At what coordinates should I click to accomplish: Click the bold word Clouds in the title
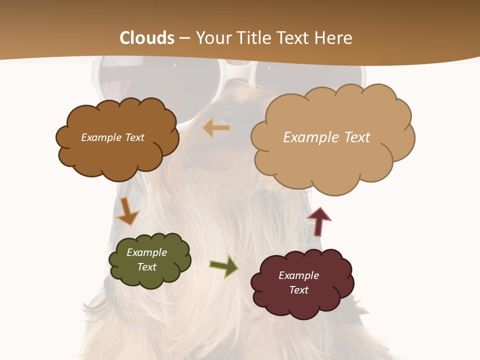click(x=147, y=38)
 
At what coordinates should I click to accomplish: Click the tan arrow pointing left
click(x=216, y=128)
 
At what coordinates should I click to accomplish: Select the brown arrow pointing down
click(x=127, y=211)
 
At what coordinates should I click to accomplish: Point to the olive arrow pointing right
click(x=224, y=265)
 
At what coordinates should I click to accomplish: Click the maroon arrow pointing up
click(x=319, y=221)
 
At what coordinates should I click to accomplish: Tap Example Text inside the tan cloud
click(x=326, y=137)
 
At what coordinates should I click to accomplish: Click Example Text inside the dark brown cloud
click(x=112, y=137)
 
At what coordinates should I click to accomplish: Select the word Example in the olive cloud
click(x=146, y=252)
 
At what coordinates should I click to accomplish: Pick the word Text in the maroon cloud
click(x=298, y=290)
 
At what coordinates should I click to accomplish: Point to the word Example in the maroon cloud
click(x=298, y=275)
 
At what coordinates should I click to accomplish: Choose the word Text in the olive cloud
click(x=146, y=267)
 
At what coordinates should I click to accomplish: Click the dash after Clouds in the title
click(x=184, y=38)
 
